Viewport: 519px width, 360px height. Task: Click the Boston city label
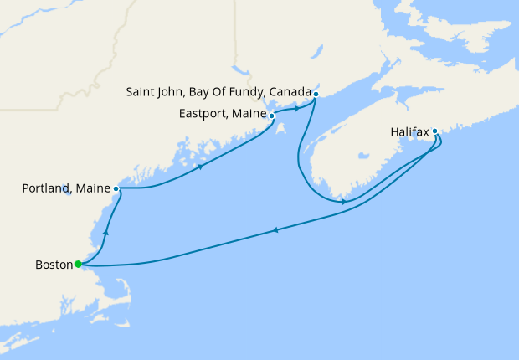[x=54, y=265]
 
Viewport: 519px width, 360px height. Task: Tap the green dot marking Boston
[x=78, y=265]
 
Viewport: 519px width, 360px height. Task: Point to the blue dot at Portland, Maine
[x=116, y=189]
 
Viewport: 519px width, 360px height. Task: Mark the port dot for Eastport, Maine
[x=271, y=116]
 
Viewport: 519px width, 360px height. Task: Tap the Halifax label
[x=409, y=131]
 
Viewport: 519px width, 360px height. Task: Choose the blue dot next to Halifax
[x=434, y=131]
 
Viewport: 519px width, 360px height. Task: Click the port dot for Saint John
[x=316, y=94]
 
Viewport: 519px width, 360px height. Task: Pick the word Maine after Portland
[x=92, y=189]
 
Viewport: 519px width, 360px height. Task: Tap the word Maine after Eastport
[x=248, y=115]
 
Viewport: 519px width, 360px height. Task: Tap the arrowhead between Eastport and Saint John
[x=297, y=108]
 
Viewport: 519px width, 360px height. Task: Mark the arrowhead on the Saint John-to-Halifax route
[x=344, y=202]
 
